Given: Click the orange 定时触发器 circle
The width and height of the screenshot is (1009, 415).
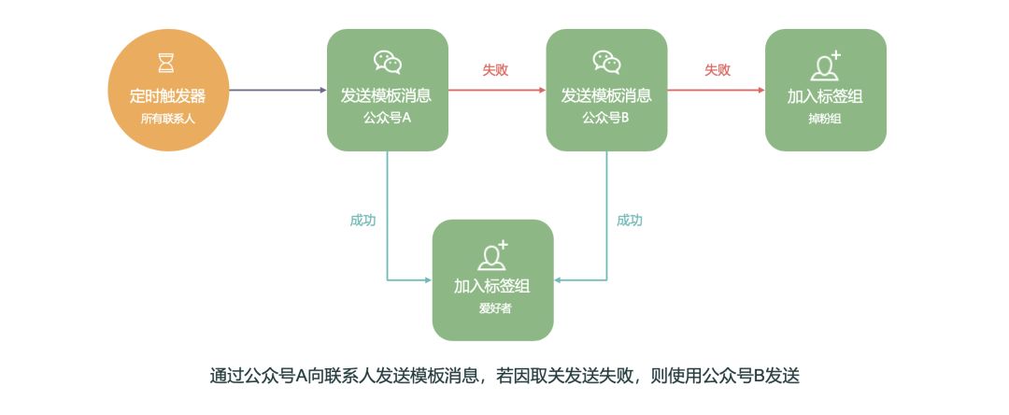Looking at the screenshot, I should (167, 90).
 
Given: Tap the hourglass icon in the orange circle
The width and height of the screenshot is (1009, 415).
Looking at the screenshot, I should (167, 63).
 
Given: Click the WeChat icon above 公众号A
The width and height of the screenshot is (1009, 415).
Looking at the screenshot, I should (387, 62).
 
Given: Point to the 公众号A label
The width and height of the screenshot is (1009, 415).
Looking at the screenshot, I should (387, 119).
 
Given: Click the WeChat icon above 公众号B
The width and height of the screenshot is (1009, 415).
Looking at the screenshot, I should (606, 62).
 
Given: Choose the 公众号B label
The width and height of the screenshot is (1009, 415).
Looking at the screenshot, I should (606, 119).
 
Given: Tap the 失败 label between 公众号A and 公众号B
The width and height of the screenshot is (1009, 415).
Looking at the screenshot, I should (495, 70).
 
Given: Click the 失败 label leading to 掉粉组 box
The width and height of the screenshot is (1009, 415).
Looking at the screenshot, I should (718, 70).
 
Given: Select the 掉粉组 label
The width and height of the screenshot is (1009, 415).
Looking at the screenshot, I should (825, 119).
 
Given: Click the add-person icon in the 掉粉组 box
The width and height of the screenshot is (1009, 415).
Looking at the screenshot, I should (825, 65).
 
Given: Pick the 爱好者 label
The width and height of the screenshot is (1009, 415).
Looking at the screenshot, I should (492, 308).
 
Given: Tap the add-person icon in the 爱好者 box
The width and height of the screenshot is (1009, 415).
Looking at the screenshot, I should (492, 255).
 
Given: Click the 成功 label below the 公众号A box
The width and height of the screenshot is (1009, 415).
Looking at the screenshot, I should (363, 221).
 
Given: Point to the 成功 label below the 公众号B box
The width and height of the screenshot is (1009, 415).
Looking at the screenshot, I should (630, 221).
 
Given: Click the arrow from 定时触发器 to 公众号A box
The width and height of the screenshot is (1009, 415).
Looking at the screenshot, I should (277, 91).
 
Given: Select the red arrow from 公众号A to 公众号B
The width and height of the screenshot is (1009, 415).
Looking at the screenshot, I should (496, 91).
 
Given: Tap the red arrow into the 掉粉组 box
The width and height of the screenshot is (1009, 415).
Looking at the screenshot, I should (716, 91).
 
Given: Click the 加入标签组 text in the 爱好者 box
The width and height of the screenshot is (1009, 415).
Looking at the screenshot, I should (492, 286).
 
